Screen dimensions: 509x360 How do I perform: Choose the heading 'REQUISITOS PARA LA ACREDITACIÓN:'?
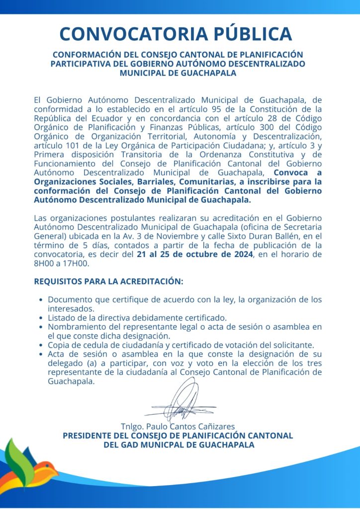click(108, 281)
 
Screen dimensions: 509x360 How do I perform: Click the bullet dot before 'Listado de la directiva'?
click(40, 318)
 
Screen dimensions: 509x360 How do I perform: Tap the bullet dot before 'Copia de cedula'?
click(40, 345)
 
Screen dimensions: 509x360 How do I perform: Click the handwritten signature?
click(180, 401)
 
